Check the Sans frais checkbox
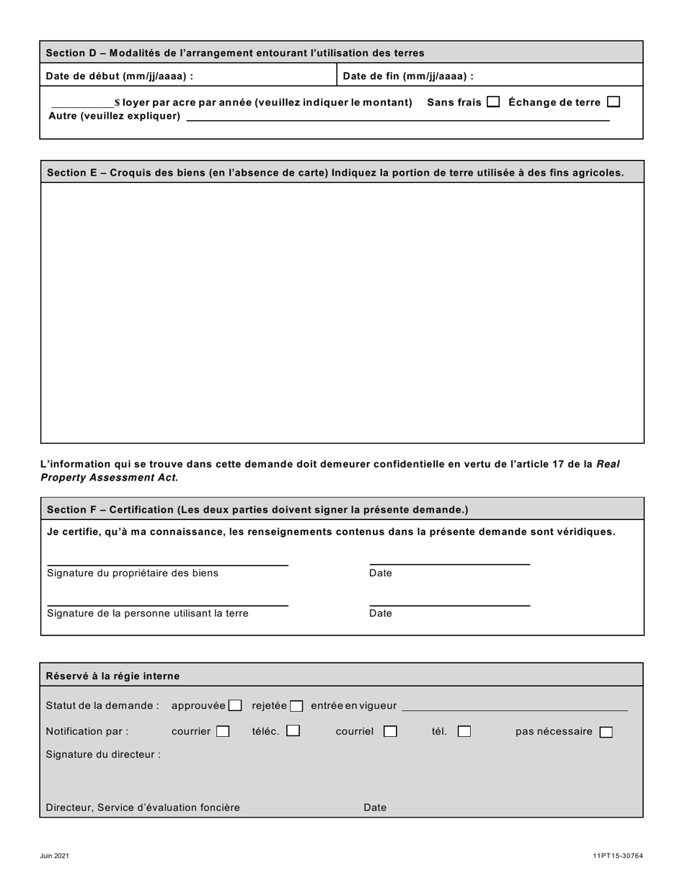click(493, 102)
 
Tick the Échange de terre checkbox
click(614, 102)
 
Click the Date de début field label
click(120, 76)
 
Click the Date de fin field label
click(408, 76)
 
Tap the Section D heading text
click(235, 53)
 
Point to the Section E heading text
click(335, 172)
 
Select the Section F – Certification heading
click(257, 509)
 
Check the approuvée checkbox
click(235, 706)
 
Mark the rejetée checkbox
click(296, 706)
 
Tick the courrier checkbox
click(223, 732)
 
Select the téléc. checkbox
click(293, 731)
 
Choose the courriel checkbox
click(390, 732)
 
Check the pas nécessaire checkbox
click(606, 733)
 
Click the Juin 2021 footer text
click(55, 856)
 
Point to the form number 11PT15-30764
click(618, 856)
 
